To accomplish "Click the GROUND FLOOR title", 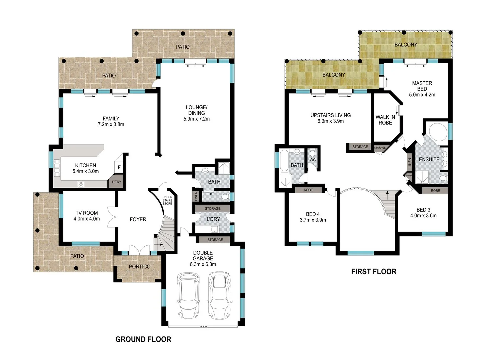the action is [143, 339].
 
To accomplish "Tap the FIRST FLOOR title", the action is [374, 272].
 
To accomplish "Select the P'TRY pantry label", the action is [116, 182].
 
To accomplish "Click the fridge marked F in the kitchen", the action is [119, 168].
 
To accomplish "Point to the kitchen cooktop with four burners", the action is [81, 184].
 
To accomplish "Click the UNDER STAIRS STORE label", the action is [167, 200].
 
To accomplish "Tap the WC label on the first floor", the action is [313, 160].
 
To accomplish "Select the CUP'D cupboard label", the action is [409, 176].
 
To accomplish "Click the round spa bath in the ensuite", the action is [438, 132].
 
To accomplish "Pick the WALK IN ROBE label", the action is [385, 120].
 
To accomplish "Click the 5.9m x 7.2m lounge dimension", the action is [196, 119].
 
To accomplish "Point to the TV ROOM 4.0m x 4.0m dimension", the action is [87, 219].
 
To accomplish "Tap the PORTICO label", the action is [140, 267].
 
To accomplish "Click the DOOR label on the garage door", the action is [203, 327].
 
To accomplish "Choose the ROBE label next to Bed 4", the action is [308, 190].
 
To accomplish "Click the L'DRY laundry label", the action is [213, 219].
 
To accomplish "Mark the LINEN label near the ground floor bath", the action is [196, 196].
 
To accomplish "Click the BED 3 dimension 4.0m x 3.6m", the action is [423, 216].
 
